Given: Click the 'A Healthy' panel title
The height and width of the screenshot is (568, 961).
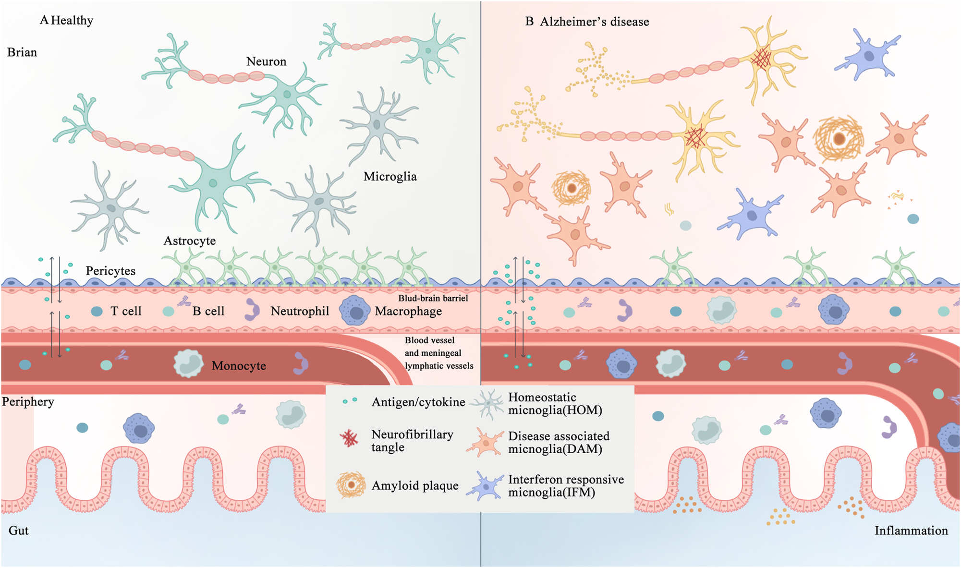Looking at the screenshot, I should click(66, 21).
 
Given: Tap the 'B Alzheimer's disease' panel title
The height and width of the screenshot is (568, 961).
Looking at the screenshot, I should click(587, 22).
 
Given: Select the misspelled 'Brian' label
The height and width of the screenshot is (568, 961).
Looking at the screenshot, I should click(22, 52).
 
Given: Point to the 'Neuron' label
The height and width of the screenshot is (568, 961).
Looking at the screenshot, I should click(266, 61).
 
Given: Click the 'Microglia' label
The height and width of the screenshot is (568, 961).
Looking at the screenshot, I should click(390, 177).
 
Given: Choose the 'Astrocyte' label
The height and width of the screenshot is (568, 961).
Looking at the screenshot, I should click(190, 241).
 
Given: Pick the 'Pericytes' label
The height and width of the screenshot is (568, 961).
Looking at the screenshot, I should click(110, 271).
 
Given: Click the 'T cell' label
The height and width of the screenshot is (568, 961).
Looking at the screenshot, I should click(126, 311).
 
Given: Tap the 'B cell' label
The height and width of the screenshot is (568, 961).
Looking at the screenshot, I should click(208, 311).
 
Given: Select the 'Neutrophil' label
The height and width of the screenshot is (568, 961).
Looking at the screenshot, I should click(300, 311).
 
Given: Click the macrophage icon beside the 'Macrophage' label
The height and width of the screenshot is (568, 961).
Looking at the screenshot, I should click(355, 311).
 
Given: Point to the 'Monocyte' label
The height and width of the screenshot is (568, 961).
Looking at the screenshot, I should click(239, 366).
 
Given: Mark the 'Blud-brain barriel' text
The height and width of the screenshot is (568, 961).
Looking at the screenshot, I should click(433, 298).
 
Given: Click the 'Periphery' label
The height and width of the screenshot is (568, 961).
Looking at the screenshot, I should click(28, 401).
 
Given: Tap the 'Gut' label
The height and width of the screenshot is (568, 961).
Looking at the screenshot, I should click(19, 531).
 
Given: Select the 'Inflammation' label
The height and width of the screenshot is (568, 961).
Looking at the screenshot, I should click(911, 531).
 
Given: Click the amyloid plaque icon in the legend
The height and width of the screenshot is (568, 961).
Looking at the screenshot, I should click(351, 485).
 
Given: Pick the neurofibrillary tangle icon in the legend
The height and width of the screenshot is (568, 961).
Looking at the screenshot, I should click(349, 438).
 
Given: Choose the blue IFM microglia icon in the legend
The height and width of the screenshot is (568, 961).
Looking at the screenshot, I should click(486, 486).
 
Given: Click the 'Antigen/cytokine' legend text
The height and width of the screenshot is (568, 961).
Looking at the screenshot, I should click(418, 402).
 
